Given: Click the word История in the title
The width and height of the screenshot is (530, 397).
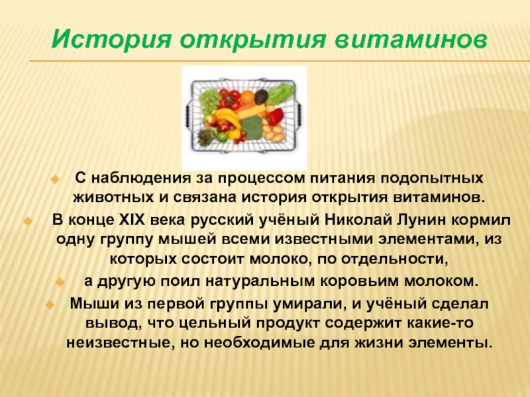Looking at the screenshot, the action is pos(111,39).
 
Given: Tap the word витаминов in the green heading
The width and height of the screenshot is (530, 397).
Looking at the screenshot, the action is pos(411,39).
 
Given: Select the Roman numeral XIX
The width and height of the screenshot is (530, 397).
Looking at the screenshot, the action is pos(131,220).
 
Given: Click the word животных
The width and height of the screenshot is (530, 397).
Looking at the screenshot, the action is pos(113,197).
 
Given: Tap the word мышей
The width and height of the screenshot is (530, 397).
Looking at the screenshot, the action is pos(187,240).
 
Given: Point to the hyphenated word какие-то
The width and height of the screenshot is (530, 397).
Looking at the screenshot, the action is pos(440,324).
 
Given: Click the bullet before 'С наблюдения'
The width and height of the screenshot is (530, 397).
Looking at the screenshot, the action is pos(55,179).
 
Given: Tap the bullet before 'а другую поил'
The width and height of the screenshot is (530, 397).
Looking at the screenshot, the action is pos(60,282).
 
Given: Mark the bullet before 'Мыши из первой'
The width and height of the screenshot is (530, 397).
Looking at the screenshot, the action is pos(50,305).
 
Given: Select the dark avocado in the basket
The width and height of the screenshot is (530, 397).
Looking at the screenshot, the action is pos(261,97).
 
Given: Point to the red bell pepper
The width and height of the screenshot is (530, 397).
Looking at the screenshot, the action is pos(274,116).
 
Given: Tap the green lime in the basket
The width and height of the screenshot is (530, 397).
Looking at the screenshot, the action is pos(222,136).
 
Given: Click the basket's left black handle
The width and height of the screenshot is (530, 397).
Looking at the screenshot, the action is pos(188,114).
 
